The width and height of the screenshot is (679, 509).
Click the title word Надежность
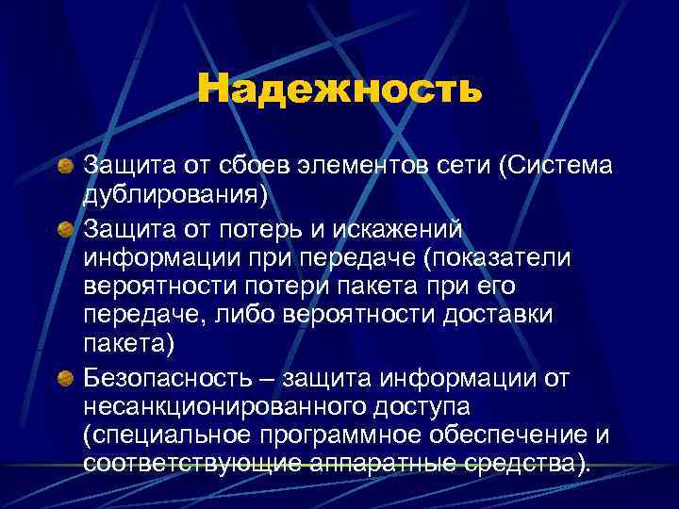coord(339,90)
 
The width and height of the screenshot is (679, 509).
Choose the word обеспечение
coord(514,437)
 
